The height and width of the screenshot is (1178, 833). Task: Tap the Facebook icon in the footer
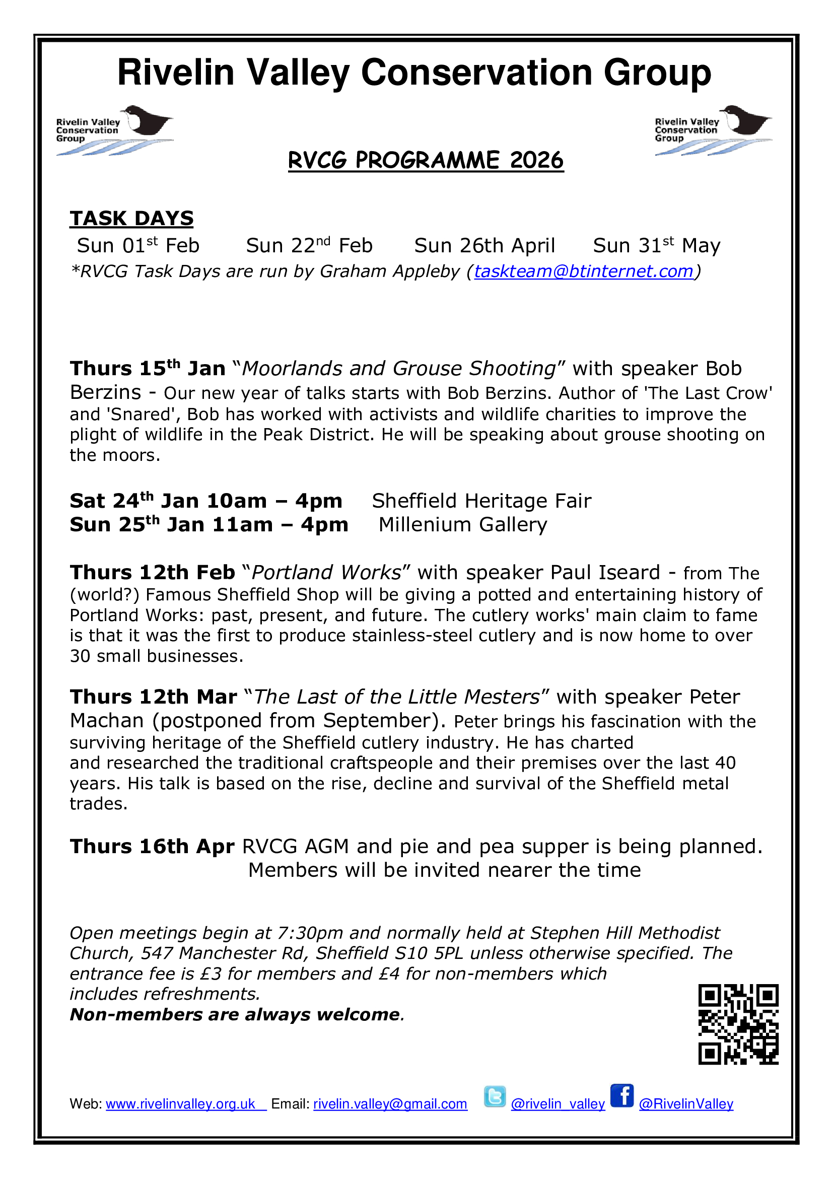(x=621, y=1096)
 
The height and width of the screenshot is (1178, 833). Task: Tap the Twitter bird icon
(x=495, y=1097)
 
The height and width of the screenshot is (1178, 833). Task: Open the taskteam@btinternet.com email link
(x=584, y=271)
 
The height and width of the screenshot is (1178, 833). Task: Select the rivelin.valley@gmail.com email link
(x=390, y=1104)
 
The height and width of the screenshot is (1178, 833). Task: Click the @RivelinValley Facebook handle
(x=686, y=1104)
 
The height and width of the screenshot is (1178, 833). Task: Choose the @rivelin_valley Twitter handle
(x=558, y=1104)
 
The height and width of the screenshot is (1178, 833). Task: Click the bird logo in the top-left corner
(x=114, y=130)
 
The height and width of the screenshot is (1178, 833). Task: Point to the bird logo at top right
(x=713, y=130)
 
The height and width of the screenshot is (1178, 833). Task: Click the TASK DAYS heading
(x=132, y=219)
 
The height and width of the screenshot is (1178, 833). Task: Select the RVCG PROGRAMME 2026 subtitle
(x=426, y=161)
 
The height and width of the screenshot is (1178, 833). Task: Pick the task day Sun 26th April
(x=484, y=246)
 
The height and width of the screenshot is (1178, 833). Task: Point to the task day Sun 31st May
(x=657, y=246)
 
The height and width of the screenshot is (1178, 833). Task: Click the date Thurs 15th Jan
(x=148, y=368)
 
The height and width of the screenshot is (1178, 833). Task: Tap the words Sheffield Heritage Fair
(x=481, y=501)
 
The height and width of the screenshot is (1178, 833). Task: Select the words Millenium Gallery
(x=463, y=524)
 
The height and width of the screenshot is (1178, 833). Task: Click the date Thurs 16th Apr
(x=152, y=847)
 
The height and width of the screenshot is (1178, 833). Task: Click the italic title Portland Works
(x=327, y=573)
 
